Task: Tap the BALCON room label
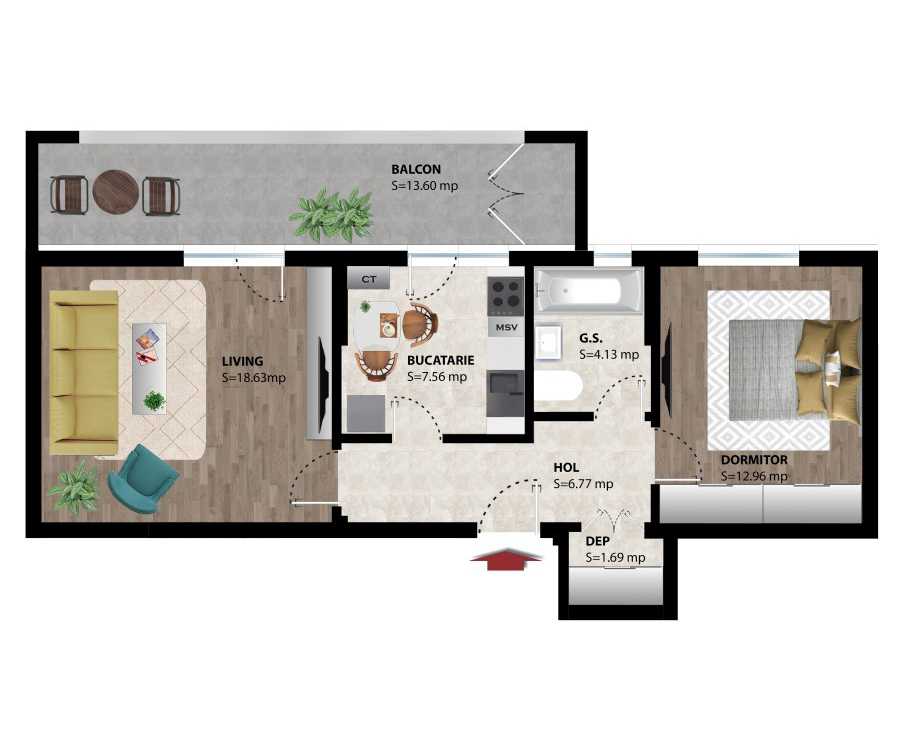pyautogui.click(x=416, y=169)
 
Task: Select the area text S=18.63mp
pyautogui.click(x=254, y=378)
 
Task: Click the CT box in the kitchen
pyautogui.click(x=369, y=279)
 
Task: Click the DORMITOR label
pyautogui.click(x=754, y=460)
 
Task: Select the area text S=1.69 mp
pyautogui.click(x=615, y=557)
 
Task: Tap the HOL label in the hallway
pyautogui.click(x=566, y=467)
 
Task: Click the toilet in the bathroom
pyautogui.click(x=560, y=388)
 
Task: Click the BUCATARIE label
pyautogui.click(x=440, y=360)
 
